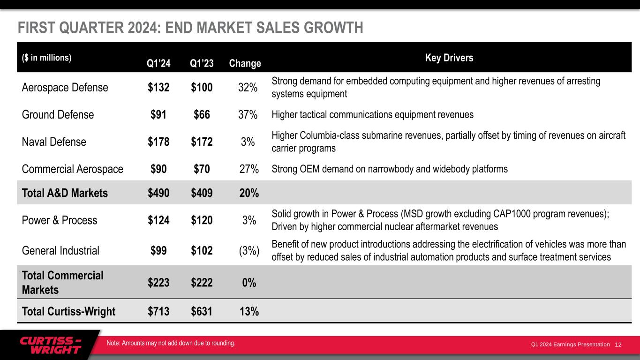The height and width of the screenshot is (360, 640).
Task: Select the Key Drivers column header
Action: point(449,58)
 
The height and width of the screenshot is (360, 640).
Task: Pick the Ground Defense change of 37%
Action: point(248,115)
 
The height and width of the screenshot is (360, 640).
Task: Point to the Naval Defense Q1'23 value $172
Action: point(202,142)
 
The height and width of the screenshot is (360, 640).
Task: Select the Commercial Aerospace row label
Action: point(73,169)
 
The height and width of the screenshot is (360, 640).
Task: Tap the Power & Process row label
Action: point(60,220)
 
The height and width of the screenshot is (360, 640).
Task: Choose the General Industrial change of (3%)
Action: point(249,251)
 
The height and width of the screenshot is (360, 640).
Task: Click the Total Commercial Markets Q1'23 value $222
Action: point(202,283)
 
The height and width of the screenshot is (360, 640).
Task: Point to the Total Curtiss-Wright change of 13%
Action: point(248,311)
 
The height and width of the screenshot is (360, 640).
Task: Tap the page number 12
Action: point(618,345)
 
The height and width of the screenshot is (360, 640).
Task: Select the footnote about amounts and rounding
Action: point(171,343)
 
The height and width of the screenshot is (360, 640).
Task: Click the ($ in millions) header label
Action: point(46,58)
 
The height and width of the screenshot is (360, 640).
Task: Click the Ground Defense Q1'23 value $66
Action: point(202,115)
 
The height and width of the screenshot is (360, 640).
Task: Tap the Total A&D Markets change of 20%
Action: point(248,193)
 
